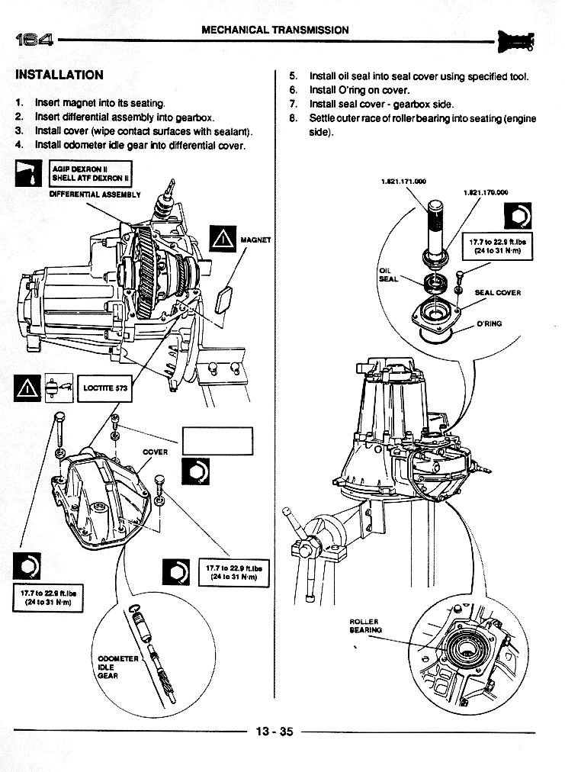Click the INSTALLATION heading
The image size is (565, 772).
point(59,75)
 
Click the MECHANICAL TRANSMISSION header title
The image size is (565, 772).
point(275,31)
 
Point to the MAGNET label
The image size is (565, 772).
point(255,240)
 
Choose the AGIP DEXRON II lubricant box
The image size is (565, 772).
point(90,175)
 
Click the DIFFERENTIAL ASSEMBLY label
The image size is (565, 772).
point(95,195)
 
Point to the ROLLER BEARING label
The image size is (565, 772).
point(364,626)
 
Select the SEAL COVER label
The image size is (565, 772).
point(497,292)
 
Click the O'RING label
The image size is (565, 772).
point(490,323)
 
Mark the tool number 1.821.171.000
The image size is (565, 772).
point(403,182)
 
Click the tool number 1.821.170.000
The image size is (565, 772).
point(486,193)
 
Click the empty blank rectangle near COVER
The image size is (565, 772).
point(217,442)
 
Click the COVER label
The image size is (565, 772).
point(156,452)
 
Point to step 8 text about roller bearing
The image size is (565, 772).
point(422,125)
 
